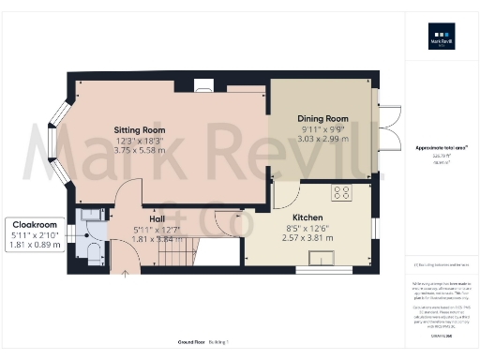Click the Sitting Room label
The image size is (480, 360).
[140, 130]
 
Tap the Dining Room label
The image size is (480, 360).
[322, 119]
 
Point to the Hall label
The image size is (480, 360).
[153, 217]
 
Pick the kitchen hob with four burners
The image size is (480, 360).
[342, 195]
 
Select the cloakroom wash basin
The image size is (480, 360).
[90, 217]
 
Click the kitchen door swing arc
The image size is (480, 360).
[286, 192]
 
